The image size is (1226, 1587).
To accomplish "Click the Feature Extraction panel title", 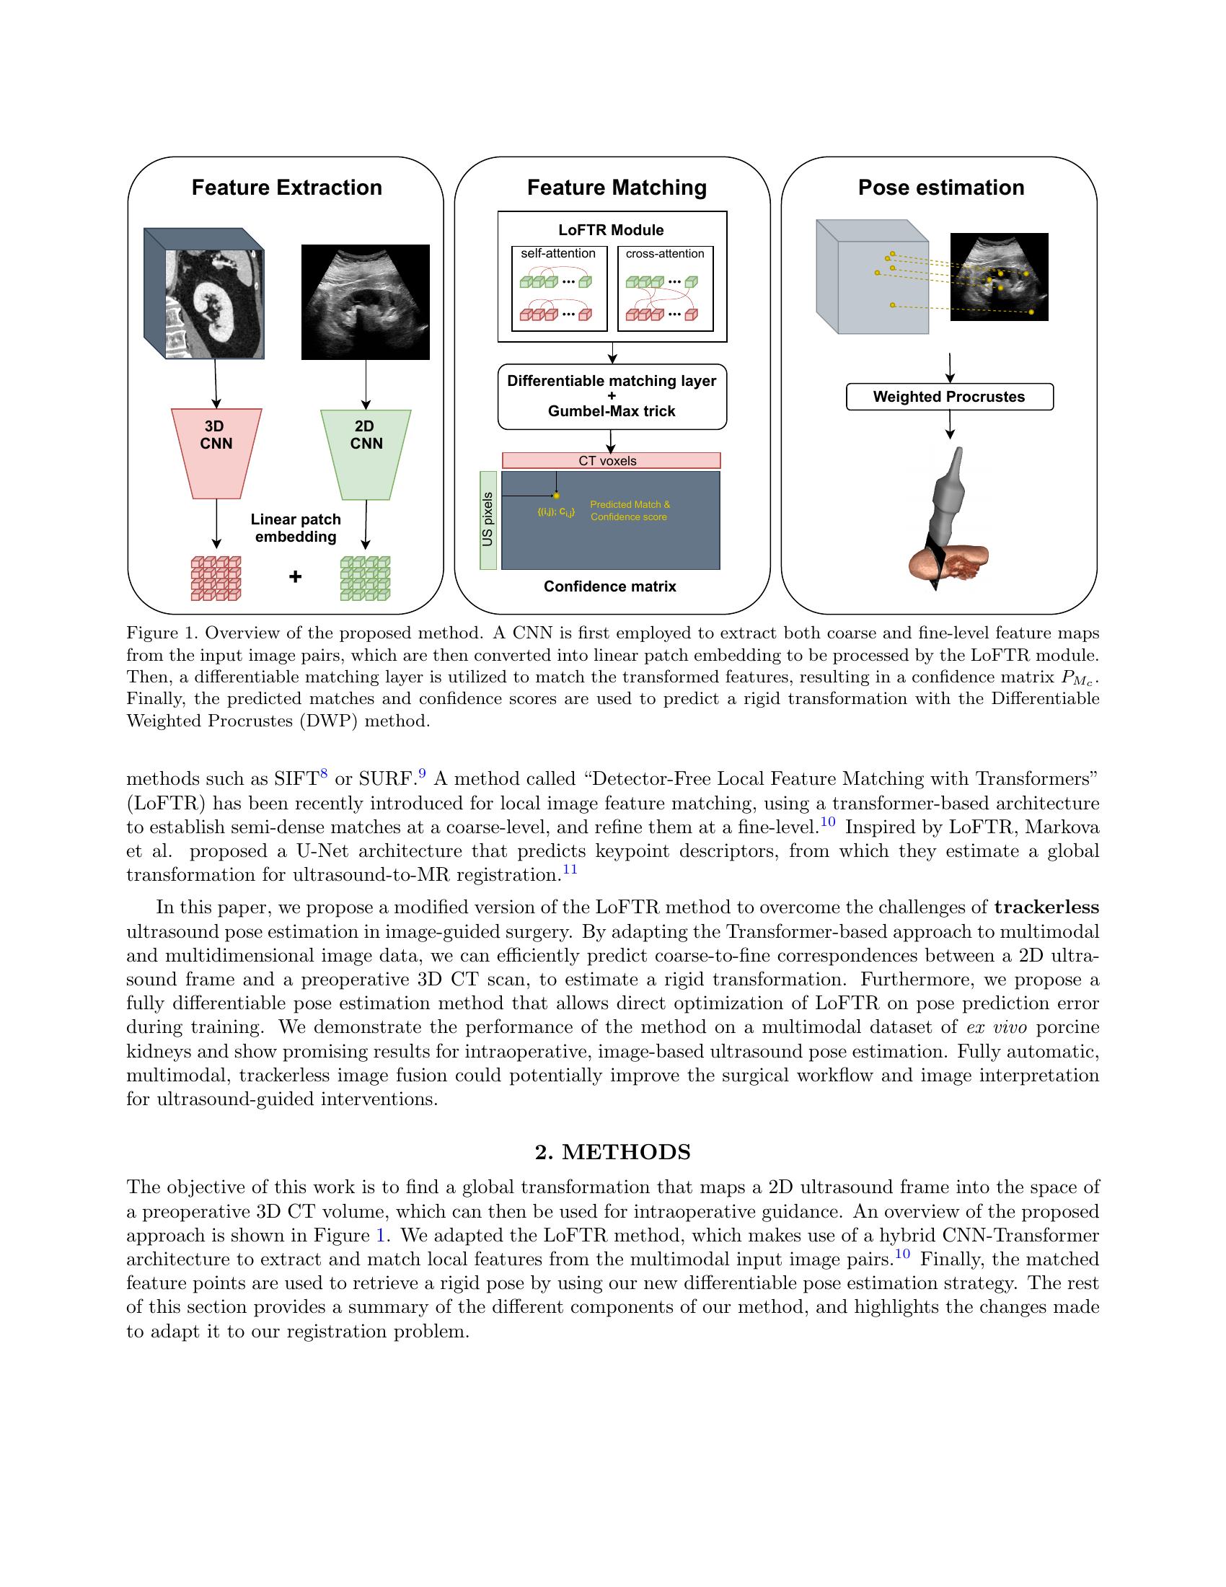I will (286, 188).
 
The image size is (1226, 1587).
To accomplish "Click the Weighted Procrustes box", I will (948, 397).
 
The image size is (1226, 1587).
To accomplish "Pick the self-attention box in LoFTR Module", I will (558, 289).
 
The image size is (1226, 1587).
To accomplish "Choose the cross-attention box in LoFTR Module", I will (665, 289).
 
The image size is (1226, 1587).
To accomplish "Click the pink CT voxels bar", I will (611, 461).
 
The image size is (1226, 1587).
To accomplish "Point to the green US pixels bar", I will (488, 519).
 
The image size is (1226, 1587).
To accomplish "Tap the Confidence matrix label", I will (609, 586).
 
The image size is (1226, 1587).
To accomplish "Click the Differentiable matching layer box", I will (612, 396).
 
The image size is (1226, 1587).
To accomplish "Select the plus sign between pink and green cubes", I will (295, 577).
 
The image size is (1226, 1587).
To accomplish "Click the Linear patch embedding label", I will (296, 528).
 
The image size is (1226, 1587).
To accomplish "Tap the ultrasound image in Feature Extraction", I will (366, 302).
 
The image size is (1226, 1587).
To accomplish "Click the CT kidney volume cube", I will (204, 294).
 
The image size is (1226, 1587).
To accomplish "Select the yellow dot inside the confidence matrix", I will (556, 496).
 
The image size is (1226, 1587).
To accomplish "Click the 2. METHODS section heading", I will (612, 1152).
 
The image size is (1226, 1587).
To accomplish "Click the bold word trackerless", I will (1046, 907).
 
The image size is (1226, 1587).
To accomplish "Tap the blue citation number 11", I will (570, 869).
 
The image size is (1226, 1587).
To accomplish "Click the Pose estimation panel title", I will (940, 188).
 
